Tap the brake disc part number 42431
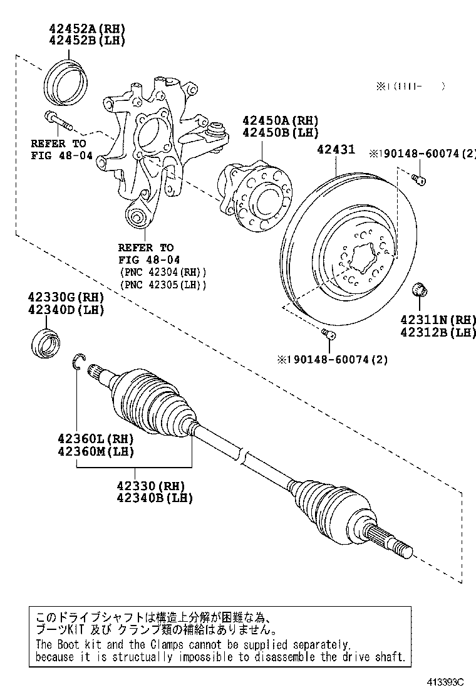[x=336, y=150]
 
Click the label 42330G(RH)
[x=65, y=297]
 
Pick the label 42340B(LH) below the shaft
[x=154, y=498]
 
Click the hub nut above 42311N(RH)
[x=420, y=290]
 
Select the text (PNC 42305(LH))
[x=162, y=285]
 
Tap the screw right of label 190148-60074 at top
[x=420, y=181]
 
